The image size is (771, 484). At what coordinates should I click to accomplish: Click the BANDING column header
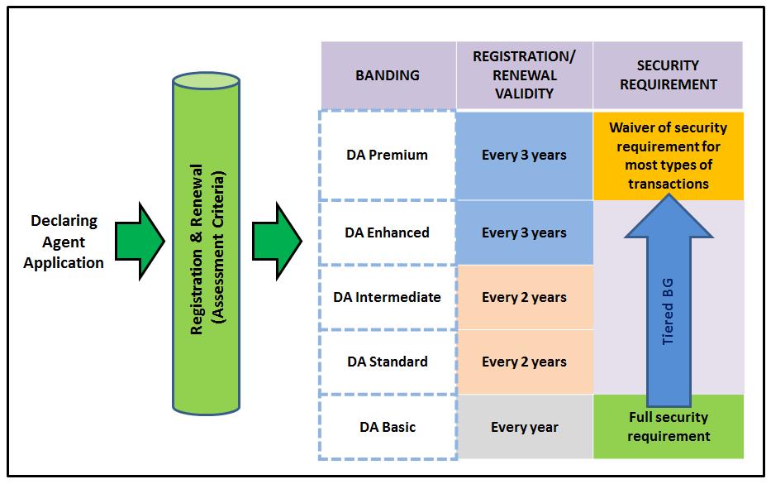pyautogui.click(x=388, y=75)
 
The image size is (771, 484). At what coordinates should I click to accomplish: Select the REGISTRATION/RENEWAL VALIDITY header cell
pyautogui.click(x=524, y=75)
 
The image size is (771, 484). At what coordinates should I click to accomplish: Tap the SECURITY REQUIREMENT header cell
pyautogui.click(x=668, y=75)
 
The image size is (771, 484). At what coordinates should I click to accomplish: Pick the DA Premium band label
pyautogui.click(x=388, y=156)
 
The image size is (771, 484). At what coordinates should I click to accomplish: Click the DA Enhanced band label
pyautogui.click(x=388, y=232)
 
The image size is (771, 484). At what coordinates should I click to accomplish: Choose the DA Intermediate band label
pyautogui.click(x=388, y=297)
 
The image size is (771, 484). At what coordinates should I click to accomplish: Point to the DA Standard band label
pyautogui.click(x=388, y=362)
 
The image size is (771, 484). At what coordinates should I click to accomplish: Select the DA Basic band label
pyautogui.click(x=388, y=427)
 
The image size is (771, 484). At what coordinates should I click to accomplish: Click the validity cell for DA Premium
pyautogui.click(x=524, y=156)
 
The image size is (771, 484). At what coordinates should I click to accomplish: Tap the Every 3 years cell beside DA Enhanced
pyautogui.click(x=524, y=232)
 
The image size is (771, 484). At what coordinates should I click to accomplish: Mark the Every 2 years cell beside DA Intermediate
pyautogui.click(x=524, y=297)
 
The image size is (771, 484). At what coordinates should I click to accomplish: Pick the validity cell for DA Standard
pyautogui.click(x=524, y=362)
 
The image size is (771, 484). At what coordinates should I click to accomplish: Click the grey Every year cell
pyautogui.click(x=524, y=427)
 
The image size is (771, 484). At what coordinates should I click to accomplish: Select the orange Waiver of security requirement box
pyautogui.click(x=668, y=156)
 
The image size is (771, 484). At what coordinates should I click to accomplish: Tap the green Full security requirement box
pyautogui.click(x=668, y=427)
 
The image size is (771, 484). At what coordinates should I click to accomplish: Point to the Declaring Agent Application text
pyautogui.click(x=64, y=242)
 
